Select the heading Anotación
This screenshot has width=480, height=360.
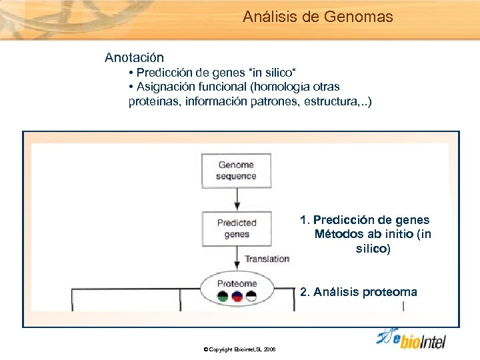pos(134,58)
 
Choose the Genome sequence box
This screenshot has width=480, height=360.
pos(236,171)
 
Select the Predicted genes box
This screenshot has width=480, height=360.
pos(236,228)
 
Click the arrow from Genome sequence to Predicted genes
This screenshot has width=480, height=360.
pos(237,199)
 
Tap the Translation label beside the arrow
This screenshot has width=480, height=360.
pos(267,259)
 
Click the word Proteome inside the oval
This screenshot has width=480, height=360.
pos(237,283)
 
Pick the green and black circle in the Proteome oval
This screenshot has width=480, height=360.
pos(223,297)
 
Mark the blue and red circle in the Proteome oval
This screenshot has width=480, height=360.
pos(237,297)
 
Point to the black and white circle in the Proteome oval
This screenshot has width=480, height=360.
pos(251,297)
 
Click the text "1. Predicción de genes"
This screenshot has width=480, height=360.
pos(365,220)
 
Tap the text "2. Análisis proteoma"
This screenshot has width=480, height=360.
pos(359,292)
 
